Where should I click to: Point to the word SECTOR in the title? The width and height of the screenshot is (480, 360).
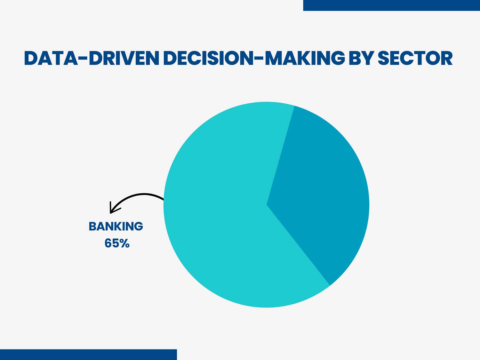(415, 58)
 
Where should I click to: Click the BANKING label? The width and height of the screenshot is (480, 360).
(116, 226)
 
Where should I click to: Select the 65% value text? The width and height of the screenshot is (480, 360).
(117, 243)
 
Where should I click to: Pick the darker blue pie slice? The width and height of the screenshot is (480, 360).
(323, 192)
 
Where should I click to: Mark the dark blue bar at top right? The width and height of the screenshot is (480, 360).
(391, 5)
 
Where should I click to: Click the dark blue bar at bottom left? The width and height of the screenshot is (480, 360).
(88, 355)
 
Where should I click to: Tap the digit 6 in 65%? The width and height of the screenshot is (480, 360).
(108, 243)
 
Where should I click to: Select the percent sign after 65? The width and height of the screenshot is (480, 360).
(125, 243)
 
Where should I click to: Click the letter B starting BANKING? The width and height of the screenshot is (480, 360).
(92, 226)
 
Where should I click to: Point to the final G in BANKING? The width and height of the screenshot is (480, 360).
(139, 226)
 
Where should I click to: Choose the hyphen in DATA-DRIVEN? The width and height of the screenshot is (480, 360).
(83, 58)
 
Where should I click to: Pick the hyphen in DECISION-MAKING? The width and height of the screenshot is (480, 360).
(259, 58)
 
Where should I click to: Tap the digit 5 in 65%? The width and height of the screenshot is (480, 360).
(116, 243)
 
